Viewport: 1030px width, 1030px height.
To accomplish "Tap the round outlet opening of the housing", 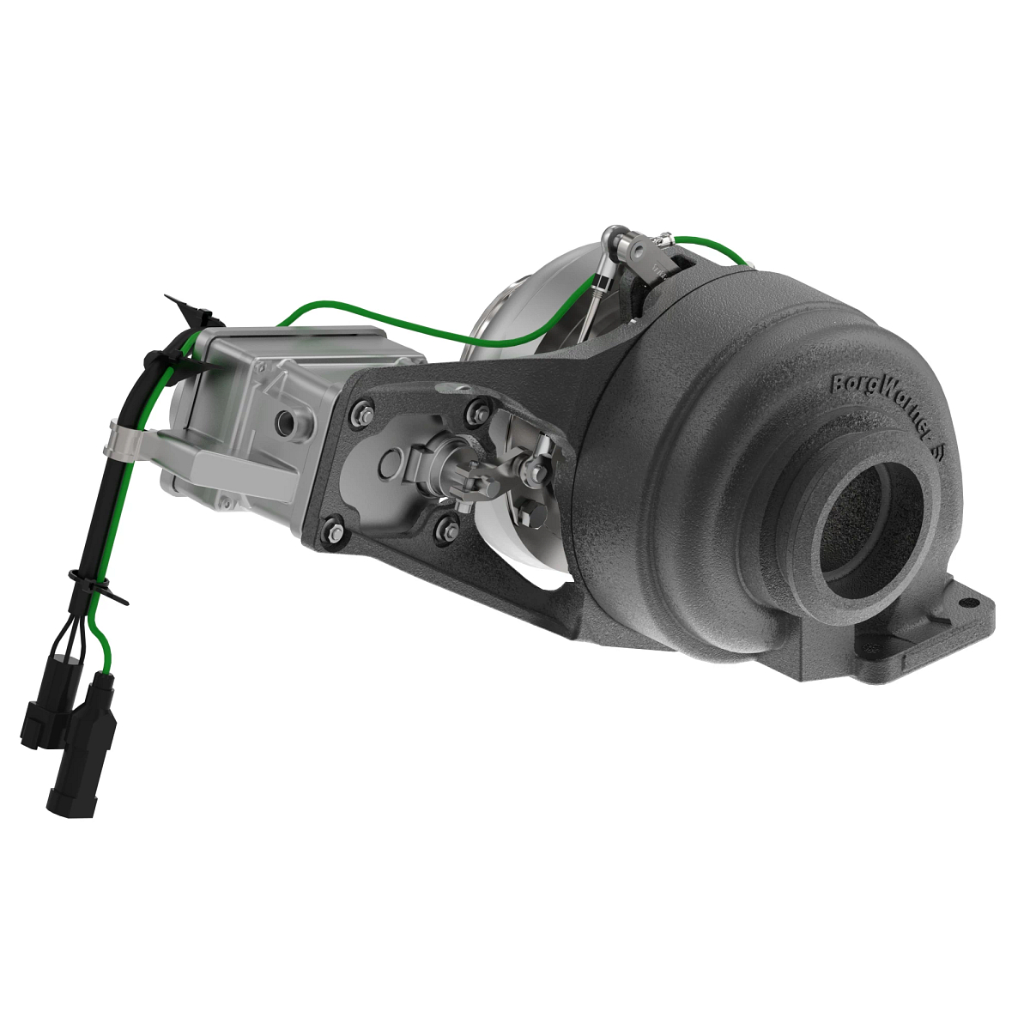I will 871,524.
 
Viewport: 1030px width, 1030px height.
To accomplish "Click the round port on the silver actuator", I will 282,421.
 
